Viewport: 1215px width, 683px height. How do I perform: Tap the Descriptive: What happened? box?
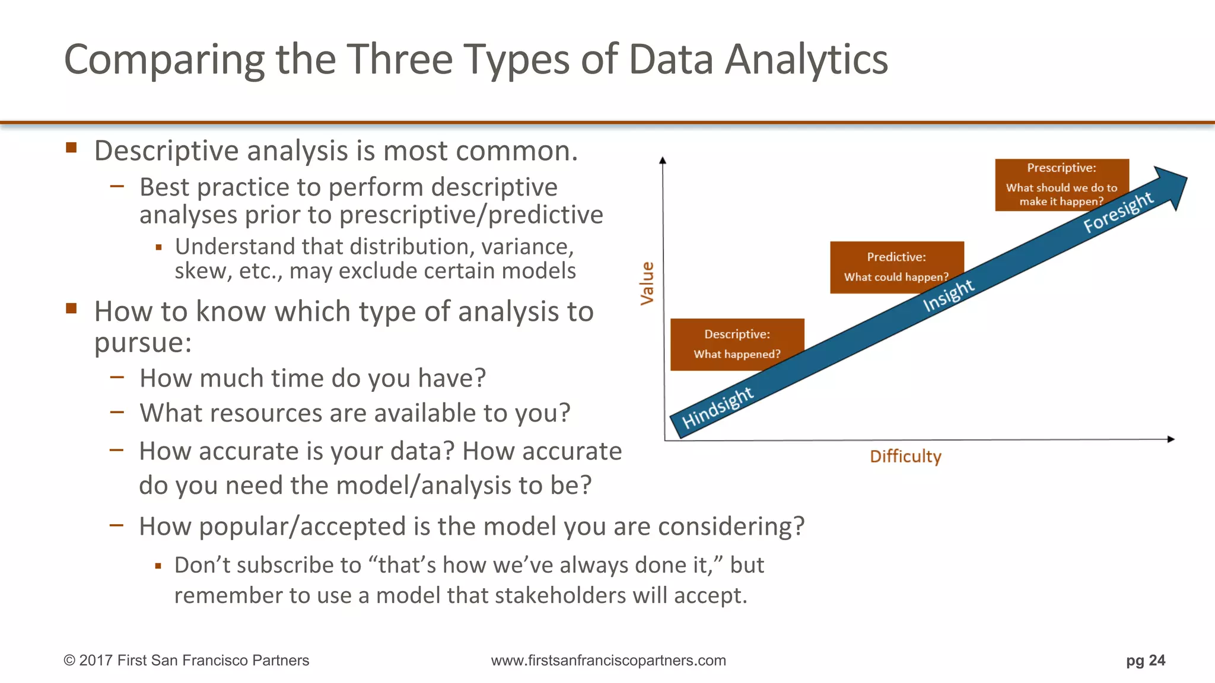(x=737, y=344)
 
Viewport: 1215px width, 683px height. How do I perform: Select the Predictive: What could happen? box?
(x=896, y=267)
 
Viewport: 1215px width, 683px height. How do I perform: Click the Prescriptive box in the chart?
(x=1061, y=184)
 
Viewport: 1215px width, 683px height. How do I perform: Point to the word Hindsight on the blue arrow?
(x=717, y=408)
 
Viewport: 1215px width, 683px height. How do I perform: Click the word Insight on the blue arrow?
(x=948, y=295)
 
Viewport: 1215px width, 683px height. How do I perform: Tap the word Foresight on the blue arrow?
(x=1118, y=213)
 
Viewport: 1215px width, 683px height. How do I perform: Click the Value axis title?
(x=647, y=283)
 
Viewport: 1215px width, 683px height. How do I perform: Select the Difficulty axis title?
(x=905, y=457)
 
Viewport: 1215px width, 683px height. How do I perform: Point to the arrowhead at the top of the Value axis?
(x=663, y=160)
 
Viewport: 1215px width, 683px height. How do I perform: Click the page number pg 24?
(x=1145, y=660)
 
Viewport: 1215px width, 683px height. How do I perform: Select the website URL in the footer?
(x=608, y=660)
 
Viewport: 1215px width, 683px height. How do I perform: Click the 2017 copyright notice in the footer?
(x=186, y=660)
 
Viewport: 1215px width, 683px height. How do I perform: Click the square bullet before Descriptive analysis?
(x=72, y=148)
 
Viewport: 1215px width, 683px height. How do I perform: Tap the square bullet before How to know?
(x=72, y=308)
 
